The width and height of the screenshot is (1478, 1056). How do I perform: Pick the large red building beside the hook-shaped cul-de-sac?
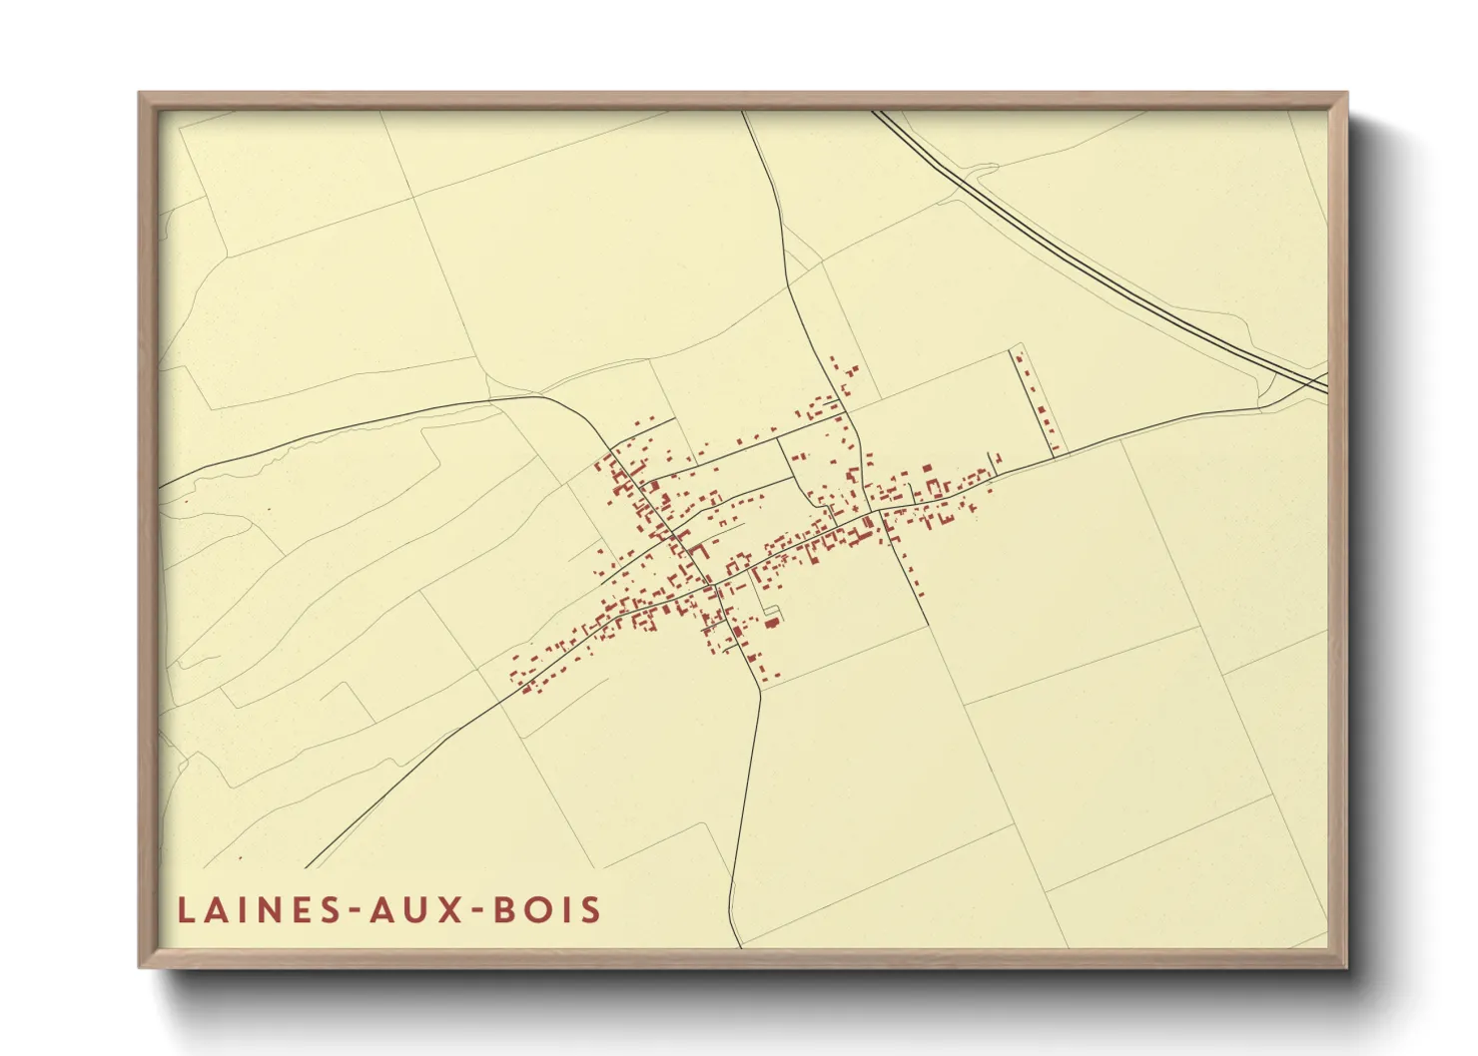(x=772, y=623)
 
